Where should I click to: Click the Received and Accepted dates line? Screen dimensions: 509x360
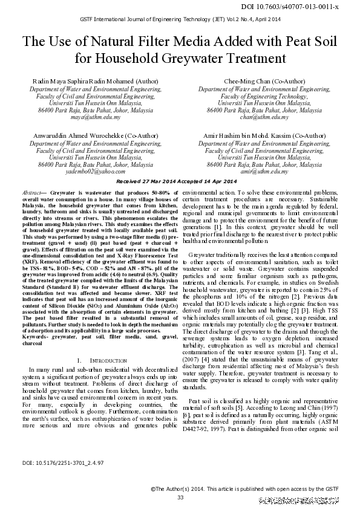pos(177,181)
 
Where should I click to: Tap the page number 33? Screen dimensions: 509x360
pos(180,496)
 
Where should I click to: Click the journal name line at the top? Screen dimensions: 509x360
pos(180,19)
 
